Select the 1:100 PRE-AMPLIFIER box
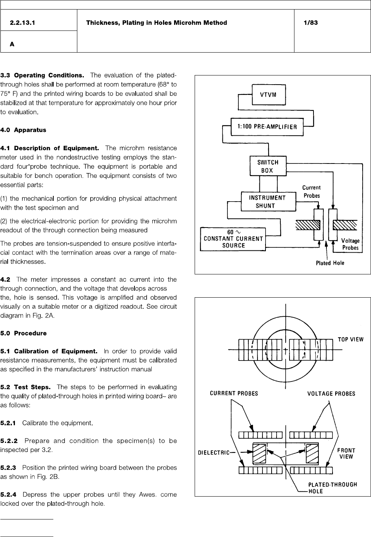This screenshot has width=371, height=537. (x=267, y=127)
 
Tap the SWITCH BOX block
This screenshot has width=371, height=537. (x=268, y=166)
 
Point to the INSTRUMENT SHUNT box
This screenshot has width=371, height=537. (x=268, y=202)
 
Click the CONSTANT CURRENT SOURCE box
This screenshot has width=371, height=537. (x=233, y=239)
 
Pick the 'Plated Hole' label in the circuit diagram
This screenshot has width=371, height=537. (x=330, y=263)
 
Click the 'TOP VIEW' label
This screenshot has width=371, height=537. (x=350, y=339)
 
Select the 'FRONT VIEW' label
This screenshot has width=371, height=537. (x=346, y=453)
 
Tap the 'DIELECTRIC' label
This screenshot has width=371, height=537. (x=214, y=452)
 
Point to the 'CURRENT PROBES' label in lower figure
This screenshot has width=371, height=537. (x=234, y=393)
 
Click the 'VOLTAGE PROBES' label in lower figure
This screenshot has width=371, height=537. (x=331, y=393)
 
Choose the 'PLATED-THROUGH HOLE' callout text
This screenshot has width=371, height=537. (x=332, y=488)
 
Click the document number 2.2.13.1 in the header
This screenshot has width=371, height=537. (x=22, y=22)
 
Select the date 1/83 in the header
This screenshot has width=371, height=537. (x=310, y=22)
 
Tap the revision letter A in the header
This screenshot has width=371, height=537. (x=12, y=44)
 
